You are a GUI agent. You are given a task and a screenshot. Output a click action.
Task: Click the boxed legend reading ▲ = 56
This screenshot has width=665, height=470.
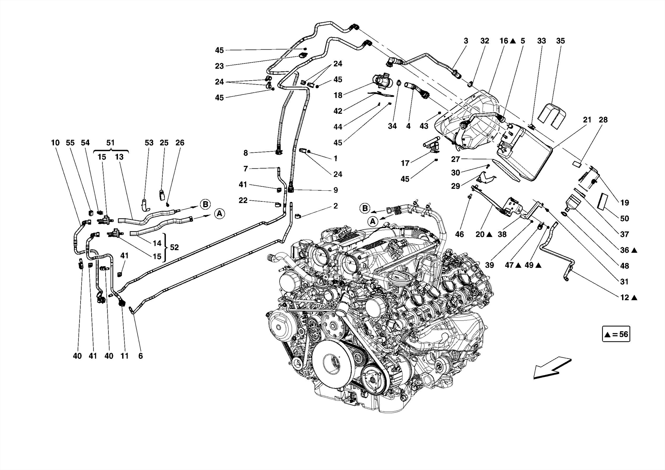(616, 334)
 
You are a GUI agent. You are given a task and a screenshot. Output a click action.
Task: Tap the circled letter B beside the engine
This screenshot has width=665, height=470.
(365, 208)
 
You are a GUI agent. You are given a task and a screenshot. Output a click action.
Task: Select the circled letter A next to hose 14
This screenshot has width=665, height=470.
(220, 214)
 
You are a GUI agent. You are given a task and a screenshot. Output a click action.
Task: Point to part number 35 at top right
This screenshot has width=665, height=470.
(560, 41)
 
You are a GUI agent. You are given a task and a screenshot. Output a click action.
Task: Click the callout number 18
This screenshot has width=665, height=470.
(338, 95)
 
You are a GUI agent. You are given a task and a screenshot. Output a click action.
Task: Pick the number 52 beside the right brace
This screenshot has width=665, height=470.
(174, 247)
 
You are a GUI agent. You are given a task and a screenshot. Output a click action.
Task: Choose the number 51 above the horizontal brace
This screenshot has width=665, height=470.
(110, 143)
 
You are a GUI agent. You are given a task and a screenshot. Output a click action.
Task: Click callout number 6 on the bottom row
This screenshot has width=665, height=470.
(140, 356)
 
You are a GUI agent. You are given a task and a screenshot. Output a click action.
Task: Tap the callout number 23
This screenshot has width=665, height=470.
(220, 66)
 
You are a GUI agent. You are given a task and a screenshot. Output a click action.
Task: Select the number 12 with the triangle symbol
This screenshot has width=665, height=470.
(625, 297)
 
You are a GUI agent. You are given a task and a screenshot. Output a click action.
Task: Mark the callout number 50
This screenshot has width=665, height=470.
(624, 218)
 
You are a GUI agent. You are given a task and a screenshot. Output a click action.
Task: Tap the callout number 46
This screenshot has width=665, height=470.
(459, 234)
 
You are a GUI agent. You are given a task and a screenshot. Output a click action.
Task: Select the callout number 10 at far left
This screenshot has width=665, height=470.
(55, 143)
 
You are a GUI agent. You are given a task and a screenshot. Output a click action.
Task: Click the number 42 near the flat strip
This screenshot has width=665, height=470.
(338, 111)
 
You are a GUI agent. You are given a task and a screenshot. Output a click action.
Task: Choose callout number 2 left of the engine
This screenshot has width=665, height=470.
(335, 206)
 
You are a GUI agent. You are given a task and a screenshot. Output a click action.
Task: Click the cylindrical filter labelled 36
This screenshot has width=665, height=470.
(574, 203)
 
